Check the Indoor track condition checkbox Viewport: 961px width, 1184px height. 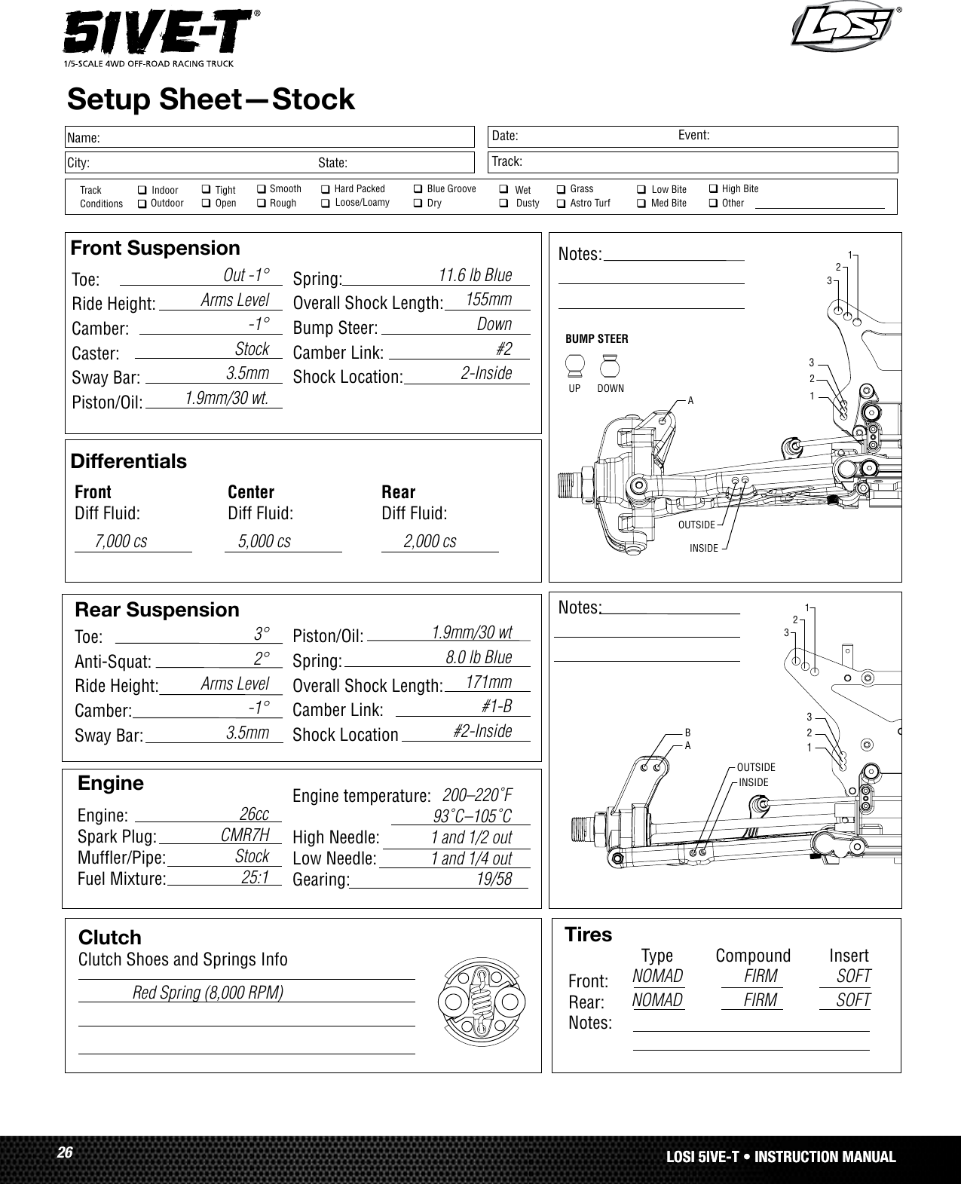(142, 191)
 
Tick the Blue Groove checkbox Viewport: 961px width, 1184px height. (418, 188)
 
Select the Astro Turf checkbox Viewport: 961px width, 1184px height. (561, 203)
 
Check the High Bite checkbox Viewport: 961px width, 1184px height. (713, 188)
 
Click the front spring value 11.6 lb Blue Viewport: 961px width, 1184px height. (475, 275)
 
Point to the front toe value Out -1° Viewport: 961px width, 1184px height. (246, 274)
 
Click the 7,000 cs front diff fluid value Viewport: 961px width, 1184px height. (121, 541)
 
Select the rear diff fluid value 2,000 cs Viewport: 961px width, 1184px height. (430, 541)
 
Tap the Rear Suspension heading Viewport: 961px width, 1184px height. (157, 609)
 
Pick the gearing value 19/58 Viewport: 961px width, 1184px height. (494, 879)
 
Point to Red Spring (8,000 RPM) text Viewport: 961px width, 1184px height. (208, 992)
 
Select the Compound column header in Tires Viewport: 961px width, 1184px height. (753, 956)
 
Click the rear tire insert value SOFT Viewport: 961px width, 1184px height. (853, 1000)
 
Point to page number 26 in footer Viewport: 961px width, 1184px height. (65, 1153)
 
